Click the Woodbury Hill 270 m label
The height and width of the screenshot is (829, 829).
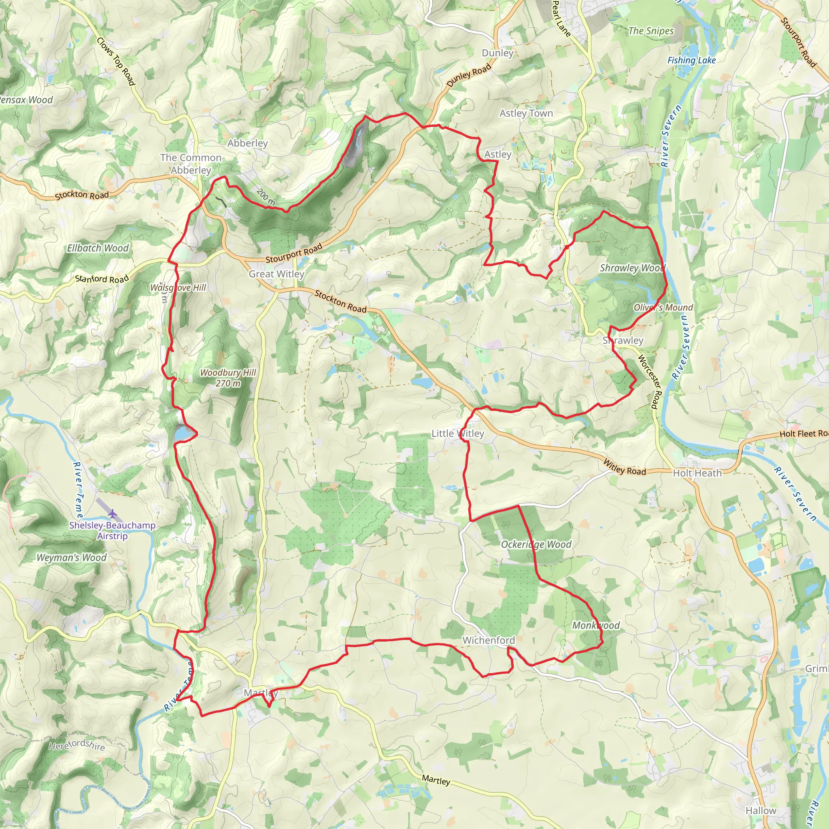(228, 378)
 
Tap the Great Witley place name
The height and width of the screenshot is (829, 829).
(276, 274)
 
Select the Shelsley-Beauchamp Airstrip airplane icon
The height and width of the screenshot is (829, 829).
(113, 513)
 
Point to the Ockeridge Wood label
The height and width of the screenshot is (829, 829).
(536, 544)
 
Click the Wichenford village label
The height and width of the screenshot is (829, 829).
(488, 640)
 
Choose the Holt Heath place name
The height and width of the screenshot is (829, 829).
(697, 473)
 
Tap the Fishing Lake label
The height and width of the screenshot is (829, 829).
(691, 60)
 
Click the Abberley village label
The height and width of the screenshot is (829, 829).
(248, 143)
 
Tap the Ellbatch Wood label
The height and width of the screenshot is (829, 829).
(98, 248)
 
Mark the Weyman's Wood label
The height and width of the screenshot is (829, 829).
(71, 558)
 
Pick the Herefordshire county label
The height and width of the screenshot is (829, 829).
(77, 745)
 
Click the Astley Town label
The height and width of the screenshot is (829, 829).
(526, 113)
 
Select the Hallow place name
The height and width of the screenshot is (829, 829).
(761, 810)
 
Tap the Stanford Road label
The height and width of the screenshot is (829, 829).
(102, 279)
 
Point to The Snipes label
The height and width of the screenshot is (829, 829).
(650, 31)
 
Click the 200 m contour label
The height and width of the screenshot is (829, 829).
(266, 196)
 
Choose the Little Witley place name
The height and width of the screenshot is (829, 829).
(457, 434)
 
